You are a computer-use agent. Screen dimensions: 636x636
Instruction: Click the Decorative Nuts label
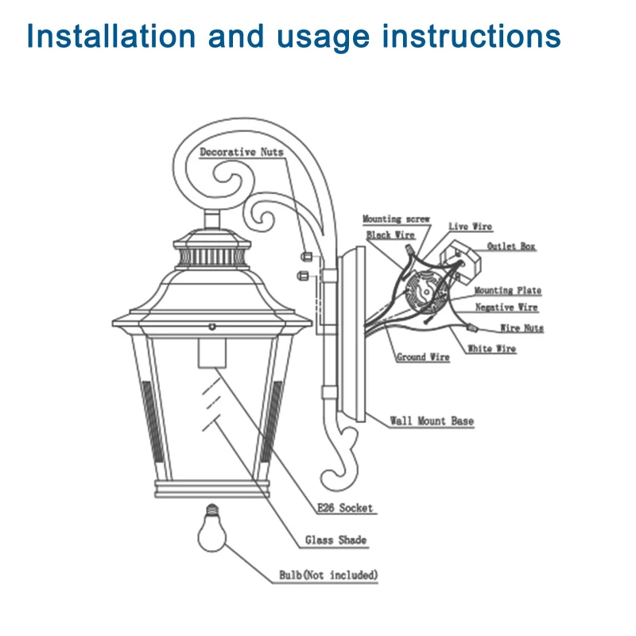241,152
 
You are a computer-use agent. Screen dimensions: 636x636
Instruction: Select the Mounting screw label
396,219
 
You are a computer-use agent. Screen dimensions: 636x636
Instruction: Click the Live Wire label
470,227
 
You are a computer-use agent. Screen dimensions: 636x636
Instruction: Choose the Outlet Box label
511,246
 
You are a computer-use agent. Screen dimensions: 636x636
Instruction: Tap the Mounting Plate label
508,291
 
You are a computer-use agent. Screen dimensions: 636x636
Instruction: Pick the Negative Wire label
506,308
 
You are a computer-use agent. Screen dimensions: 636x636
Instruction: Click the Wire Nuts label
522,328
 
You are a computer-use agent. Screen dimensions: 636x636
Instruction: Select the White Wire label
491,349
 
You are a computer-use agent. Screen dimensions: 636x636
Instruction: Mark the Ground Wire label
423,358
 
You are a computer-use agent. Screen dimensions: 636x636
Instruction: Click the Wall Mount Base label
432,421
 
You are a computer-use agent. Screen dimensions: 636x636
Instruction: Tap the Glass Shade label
335,541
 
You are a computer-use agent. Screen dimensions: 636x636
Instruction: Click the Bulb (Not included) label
328,575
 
